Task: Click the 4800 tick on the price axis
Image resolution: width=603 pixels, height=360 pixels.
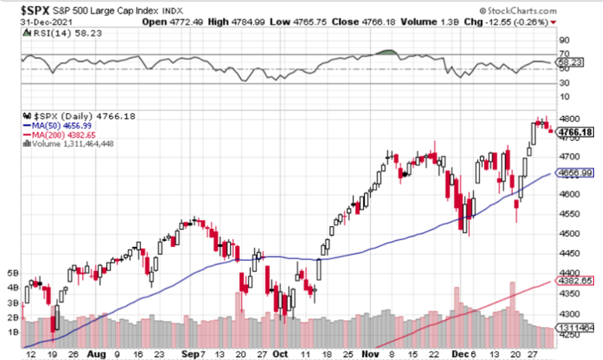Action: coord(567,118)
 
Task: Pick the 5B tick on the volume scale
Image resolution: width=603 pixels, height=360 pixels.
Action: coord(12,273)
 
